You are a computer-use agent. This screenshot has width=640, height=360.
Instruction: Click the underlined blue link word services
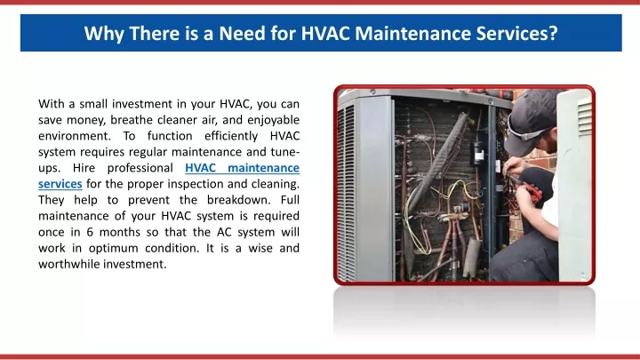pos(60,184)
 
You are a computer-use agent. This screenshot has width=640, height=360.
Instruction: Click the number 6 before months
pos(90,232)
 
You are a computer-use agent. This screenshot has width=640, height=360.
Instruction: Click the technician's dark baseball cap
pos(529,118)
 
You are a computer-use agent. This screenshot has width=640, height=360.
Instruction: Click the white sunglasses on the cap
pos(526,131)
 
